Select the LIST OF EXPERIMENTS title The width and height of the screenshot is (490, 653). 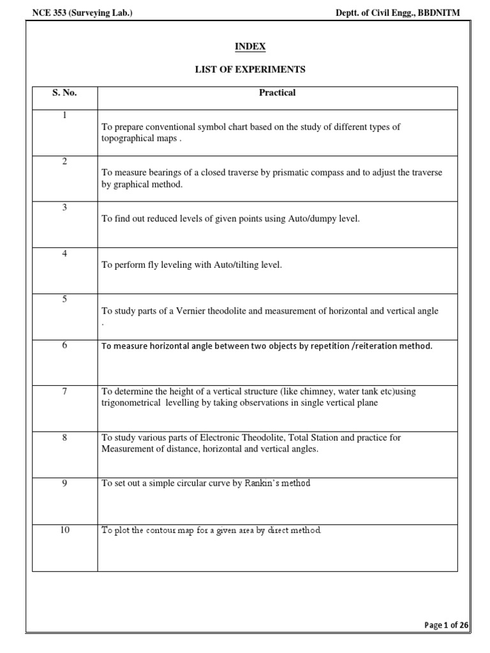(x=250, y=69)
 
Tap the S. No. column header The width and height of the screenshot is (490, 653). (x=64, y=93)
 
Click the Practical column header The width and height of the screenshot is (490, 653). (x=277, y=93)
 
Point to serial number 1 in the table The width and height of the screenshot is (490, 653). (x=64, y=115)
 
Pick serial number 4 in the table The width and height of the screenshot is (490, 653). (x=64, y=253)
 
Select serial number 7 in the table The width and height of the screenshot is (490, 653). (x=64, y=391)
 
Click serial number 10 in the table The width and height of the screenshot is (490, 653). (x=64, y=529)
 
